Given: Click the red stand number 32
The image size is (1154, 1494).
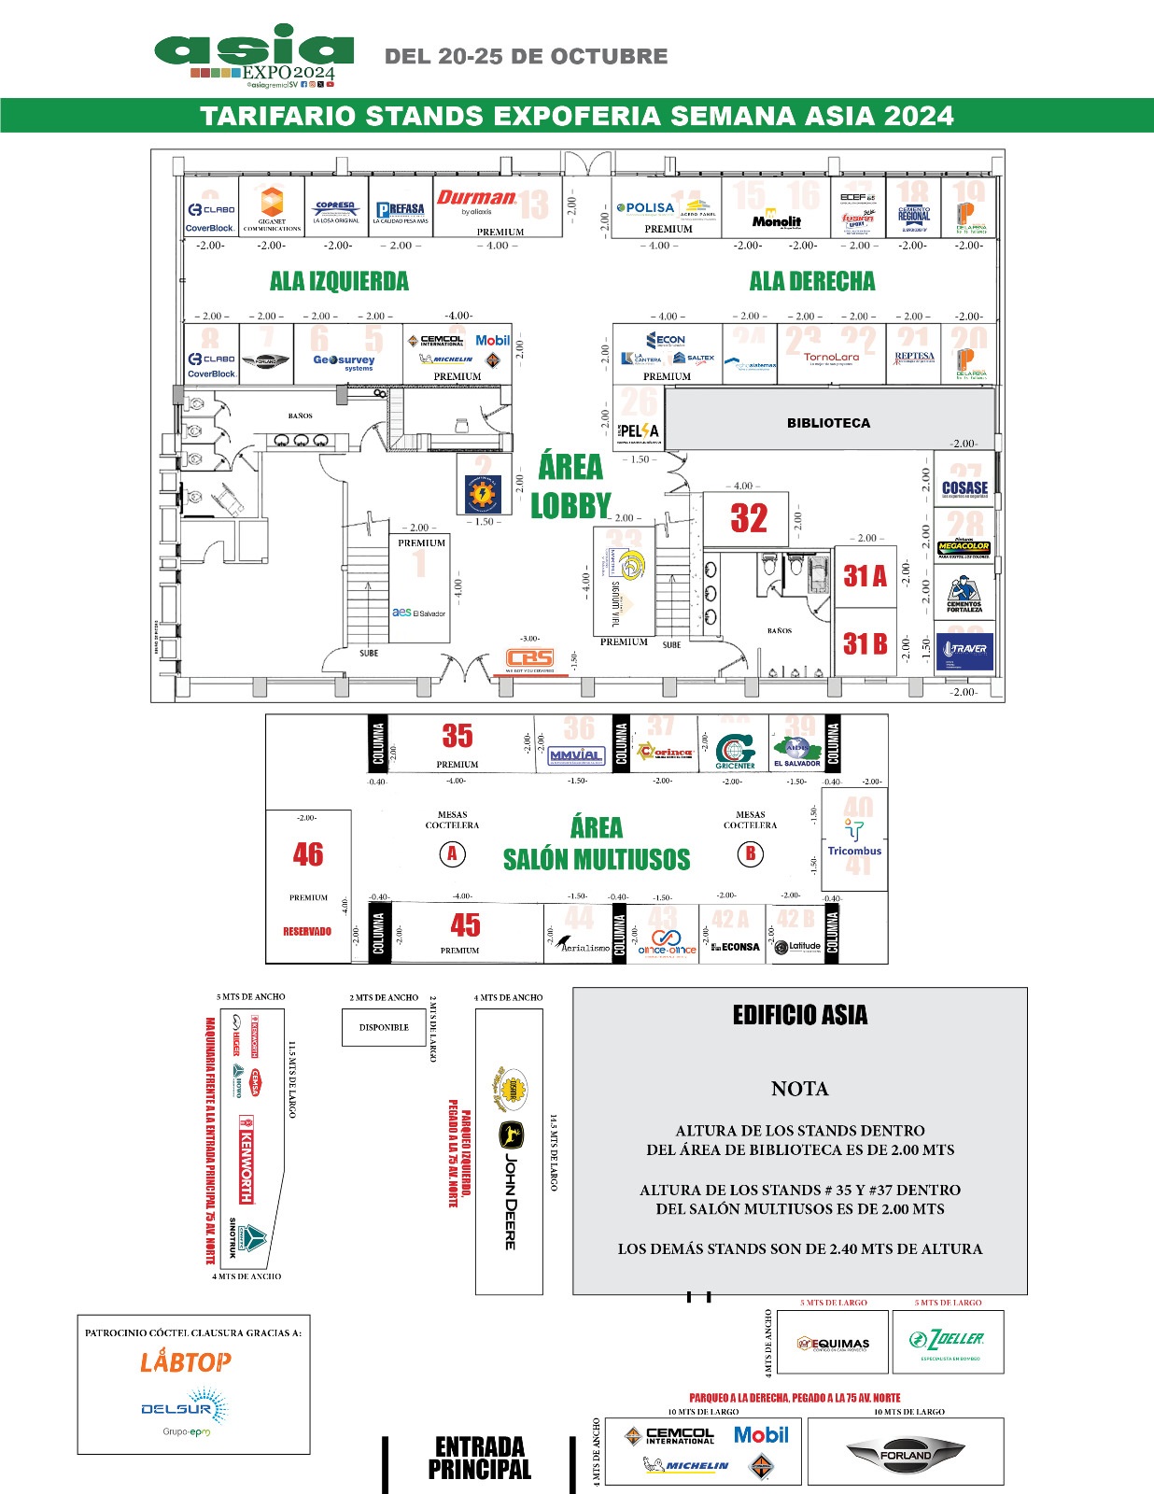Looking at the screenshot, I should click(x=749, y=518).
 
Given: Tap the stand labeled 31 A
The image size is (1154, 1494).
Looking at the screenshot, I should click(x=865, y=576).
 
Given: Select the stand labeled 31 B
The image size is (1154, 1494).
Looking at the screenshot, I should click(x=865, y=644).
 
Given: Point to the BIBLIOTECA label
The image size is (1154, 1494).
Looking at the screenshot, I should click(x=828, y=423).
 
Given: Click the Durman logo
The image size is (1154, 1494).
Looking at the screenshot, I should click(x=476, y=198).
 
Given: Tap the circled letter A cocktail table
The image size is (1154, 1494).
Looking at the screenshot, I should click(x=452, y=853).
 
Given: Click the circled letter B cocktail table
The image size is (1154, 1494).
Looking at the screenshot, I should click(x=751, y=853).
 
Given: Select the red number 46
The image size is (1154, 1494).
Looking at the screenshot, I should click(x=308, y=853).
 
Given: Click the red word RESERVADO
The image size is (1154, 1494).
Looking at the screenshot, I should click(x=307, y=931).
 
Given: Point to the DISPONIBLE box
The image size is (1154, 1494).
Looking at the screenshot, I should click(x=384, y=1027).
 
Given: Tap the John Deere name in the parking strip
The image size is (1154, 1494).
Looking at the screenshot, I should click(x=511, y=1201).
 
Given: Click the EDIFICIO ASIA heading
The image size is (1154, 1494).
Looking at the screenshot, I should click(x=800, y=1016).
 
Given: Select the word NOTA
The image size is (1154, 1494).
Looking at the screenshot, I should click(x=799, y=1089).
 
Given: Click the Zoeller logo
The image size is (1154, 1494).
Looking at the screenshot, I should click(x=947, y=1341).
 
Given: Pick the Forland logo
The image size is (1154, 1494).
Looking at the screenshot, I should click(x=905, y=1454).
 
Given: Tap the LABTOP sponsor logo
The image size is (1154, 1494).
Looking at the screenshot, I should click(x=186, y=1362).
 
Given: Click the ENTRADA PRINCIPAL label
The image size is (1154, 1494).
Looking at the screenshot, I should click(x=479, y=1459).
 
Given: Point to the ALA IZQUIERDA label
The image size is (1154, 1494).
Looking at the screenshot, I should click(x=339, y=281).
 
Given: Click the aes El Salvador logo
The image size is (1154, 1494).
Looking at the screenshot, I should click(x=419, y=613).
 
